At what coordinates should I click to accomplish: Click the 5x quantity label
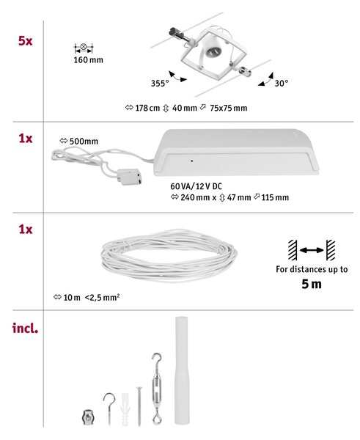tap(25, 41)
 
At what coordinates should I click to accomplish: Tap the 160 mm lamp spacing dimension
tap(89, 60)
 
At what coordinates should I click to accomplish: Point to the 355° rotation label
tap(160, 84)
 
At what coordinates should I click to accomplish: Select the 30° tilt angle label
tap(282, 83)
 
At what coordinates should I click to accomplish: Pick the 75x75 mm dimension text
tap(229, 108)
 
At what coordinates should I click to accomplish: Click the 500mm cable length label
tap(84, 141)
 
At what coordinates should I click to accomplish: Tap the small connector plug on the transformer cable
tap(129, 177)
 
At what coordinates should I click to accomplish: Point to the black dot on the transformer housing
tap(192, 161)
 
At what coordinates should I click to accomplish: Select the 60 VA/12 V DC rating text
tap(196, 186)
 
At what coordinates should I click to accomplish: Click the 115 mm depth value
tap(275, 197)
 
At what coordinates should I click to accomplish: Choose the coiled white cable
tap(169, 256)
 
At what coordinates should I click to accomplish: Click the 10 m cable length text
tap(72, 298)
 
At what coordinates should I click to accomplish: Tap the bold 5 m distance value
tap(312, 284)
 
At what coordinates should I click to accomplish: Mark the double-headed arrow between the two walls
tap(312, 250)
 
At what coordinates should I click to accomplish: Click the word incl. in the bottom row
tap(25, 328)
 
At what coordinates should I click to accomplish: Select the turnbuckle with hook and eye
tap(157, 389)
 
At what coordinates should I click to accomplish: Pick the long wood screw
tap(139, 406)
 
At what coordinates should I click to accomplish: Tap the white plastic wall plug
tap(125, 409)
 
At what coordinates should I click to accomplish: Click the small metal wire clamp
tap(88, 417)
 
